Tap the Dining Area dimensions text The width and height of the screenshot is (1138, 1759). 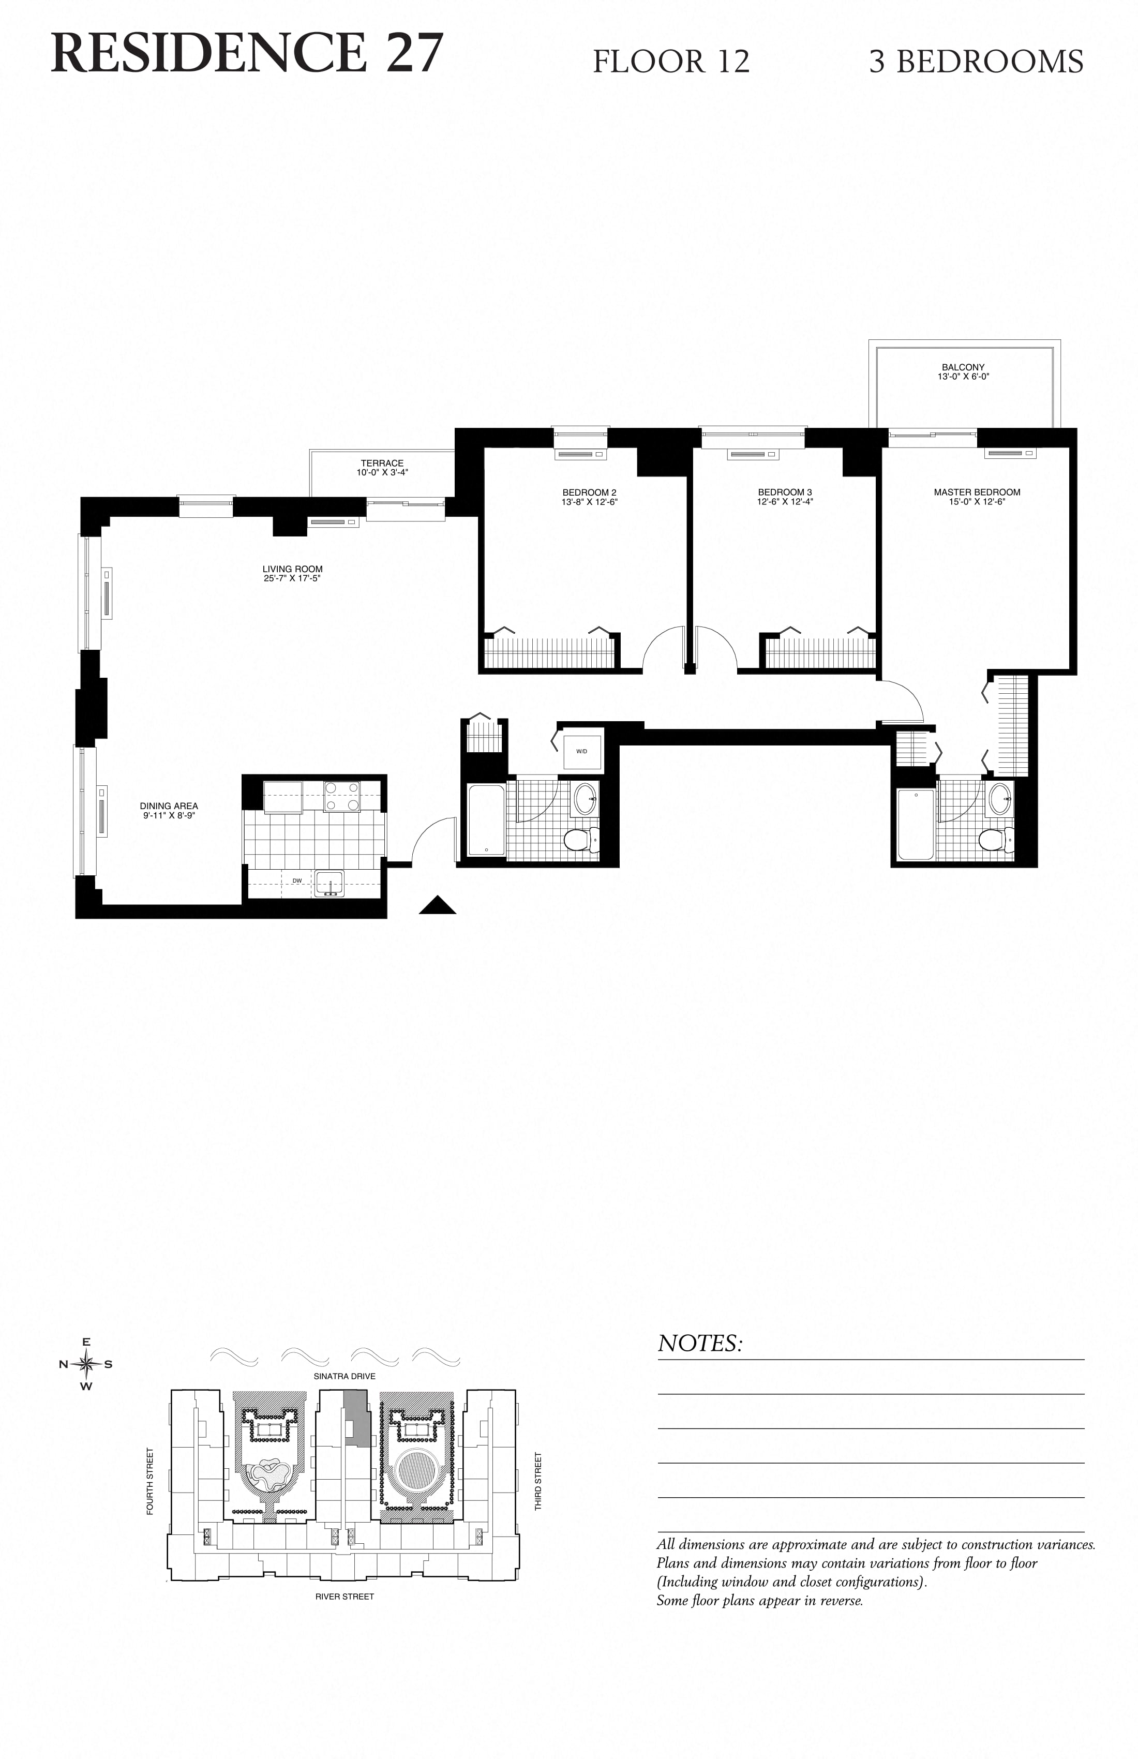[x=169, y=816]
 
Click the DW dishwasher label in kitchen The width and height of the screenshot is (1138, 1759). [x=297, y=881]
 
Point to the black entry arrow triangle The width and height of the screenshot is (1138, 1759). [x=438, y=906]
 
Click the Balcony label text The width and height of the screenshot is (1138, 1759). [x=963, y=367]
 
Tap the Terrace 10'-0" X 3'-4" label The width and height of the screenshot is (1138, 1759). [x=382, y=468]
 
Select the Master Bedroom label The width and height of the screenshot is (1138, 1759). [x=977, y=492]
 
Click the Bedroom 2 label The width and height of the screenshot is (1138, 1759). [x=589, y=492]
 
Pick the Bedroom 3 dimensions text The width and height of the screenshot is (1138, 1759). [x=785, y=502]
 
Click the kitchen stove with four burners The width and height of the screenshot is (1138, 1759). [x=342, y=797]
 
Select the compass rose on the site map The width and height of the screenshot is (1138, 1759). [x=86, y=1364]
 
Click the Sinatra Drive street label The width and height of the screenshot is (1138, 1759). [x=345, y=1376]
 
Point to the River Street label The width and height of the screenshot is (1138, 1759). [x=345, y=1597]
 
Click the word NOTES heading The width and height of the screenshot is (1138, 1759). [x=700, y=1344]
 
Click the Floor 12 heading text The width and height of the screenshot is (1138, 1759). [x=671, y=62]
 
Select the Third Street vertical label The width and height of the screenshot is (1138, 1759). [x=538, y=1481]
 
